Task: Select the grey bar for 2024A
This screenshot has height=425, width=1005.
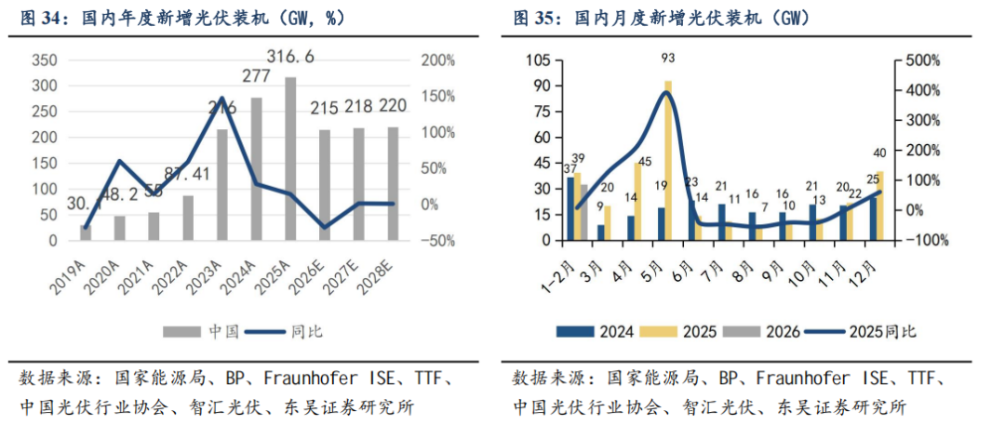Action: [256, 168]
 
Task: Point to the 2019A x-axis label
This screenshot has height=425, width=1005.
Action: [77, 268]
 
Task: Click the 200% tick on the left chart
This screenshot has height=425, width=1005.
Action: [436, 60]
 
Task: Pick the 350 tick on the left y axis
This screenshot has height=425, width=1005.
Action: [45, 60]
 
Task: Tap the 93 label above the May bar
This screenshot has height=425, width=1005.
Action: [668, 59]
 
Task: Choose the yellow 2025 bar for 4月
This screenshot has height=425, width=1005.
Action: [638, 201]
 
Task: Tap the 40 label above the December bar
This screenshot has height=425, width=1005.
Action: [880, 153]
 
